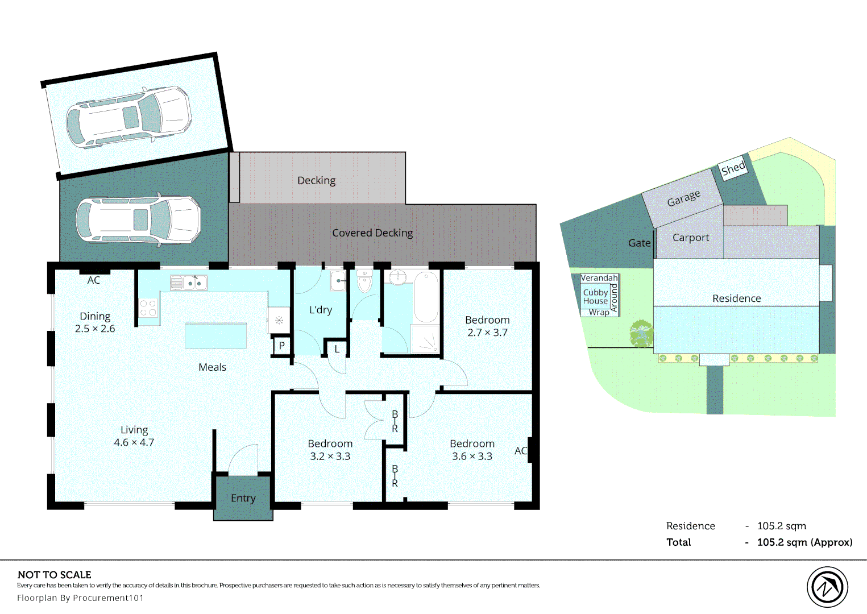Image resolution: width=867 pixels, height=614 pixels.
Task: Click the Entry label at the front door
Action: pyautogui.click(x=243, y=498)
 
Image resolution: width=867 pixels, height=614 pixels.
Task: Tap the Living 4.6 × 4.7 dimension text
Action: pyautogui.click(x=134, y=442)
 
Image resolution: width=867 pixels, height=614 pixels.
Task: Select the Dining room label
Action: pyautogui.click(x=95, y=316)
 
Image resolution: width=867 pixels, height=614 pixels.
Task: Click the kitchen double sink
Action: pyautogui.click(x=189, y=283)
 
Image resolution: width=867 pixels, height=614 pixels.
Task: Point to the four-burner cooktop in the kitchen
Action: pyautogui.click(x=148, y=308)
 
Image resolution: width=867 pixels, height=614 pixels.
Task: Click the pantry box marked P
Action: pyautogui.click(x=281, y=346)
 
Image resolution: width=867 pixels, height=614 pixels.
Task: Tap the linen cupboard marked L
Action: pyautogui.click(x=337, y=349)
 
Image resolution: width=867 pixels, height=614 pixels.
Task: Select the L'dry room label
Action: pyautogui.click(x=320, y=310)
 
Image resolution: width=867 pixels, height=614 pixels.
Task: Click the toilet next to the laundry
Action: pyautogui.click(x=364, y=281)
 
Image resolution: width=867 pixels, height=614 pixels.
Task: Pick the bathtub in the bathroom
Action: pyautogui.click(x=426, y=297)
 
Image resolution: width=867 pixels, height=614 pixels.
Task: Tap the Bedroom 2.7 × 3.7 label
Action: pyautogui.click(x=487, y=326)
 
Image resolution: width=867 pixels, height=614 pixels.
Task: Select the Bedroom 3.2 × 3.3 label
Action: pyautogui.click(x=330, y=450)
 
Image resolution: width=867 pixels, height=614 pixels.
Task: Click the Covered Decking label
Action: pyautogui.click(x=372, y=233)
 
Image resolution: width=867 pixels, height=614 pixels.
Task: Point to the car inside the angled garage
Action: pyautogui.click(x=129, y=117)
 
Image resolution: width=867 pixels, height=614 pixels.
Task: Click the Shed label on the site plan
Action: pyautogui.click(x=733, y=168)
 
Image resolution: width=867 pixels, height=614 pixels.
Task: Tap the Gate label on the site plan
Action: pyautogui.click(x=639, y=243)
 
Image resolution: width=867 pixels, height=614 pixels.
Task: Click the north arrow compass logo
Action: pyautogui.click(x=827, y=587)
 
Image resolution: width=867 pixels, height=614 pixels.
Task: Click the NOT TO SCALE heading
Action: pyautogui.click(x=55, y=575)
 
